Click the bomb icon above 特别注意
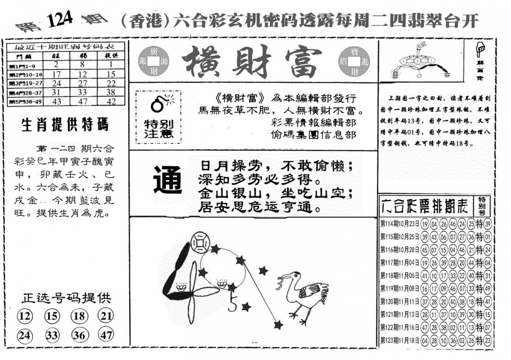157,104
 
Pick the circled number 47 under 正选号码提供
106,335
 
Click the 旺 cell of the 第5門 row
56,101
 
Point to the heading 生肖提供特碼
65,125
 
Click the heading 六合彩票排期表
426,206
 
